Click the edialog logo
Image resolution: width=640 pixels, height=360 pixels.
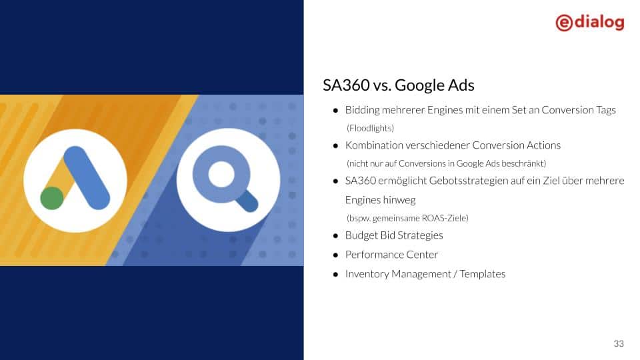[589, 22]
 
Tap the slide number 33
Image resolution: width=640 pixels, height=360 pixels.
[619, 343]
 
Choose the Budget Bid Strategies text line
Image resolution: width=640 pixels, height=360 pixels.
[393, 235]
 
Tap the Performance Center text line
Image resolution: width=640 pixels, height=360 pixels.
[391, 255]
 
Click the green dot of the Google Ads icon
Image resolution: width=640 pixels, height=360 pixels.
[52, 198]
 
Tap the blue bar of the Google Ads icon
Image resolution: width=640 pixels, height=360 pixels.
[87, 177]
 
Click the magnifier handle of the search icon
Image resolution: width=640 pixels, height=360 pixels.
[247, 201]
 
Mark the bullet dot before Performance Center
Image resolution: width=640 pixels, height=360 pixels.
[335, 255]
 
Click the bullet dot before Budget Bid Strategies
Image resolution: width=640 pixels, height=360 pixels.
[335, 235]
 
